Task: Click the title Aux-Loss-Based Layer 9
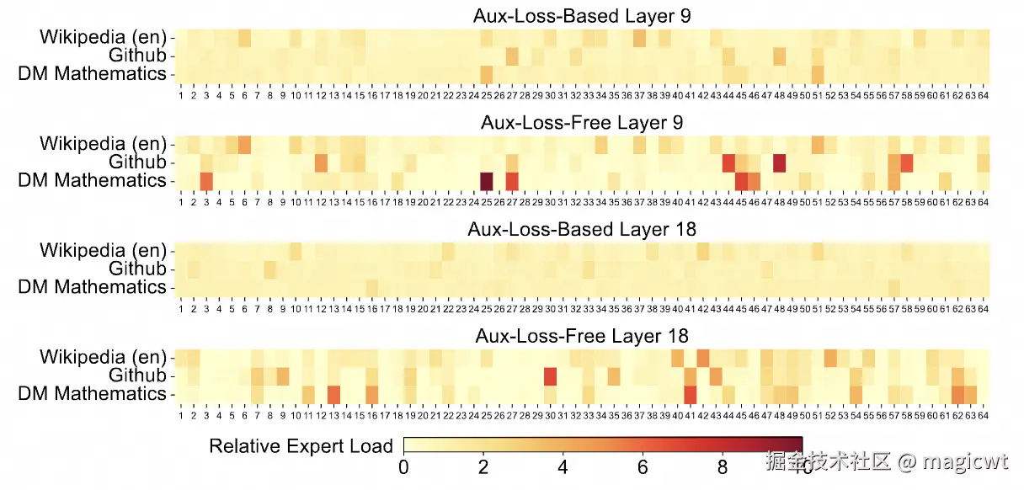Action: point(582,16)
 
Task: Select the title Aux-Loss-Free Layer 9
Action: point(582,122)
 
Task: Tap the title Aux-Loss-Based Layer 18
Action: point(582,229)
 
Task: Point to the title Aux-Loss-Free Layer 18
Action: point(582,336)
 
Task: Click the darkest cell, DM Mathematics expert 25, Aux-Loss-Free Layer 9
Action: point(486,181)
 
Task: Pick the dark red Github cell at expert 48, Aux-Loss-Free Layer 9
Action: point(779,162)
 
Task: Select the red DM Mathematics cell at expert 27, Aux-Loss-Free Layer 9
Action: point(511,181)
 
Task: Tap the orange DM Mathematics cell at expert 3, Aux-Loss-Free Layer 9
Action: point(205,181)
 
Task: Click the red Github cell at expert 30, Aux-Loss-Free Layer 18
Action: point(550,375)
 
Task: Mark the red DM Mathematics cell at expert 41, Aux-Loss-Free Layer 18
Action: point(690,394)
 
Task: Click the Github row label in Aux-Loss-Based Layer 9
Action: point(137,56)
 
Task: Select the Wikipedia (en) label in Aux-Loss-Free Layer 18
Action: point(103,357)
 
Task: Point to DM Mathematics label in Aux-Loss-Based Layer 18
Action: point(93,287)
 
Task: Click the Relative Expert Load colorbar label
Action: point(301,446)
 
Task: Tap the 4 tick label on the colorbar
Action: point(563,466)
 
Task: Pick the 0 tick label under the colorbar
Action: point(404,466)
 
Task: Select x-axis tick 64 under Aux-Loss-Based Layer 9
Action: point(983,96)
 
